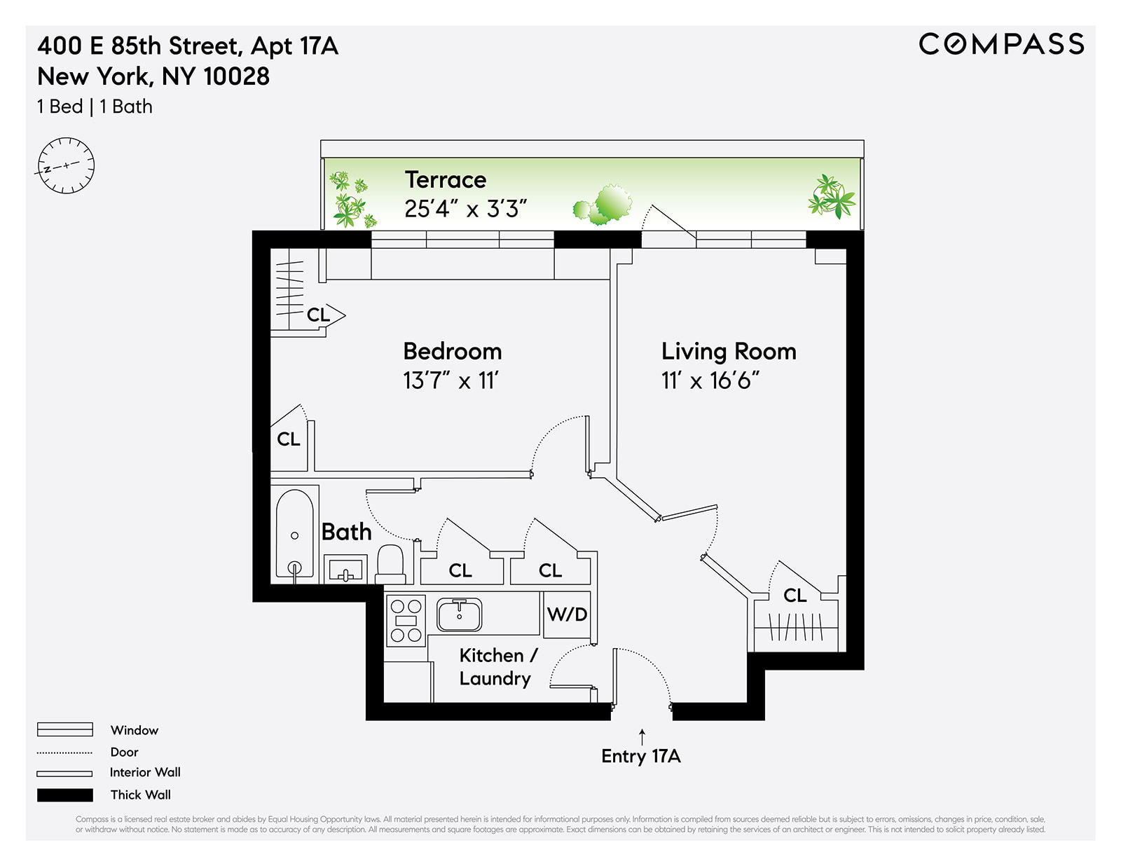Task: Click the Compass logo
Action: [1001, 44]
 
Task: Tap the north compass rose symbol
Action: [66, 166]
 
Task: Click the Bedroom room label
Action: [453, 351]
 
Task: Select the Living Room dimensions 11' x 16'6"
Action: [710, 380]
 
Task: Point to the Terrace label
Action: [446, 180]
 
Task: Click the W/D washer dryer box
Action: [567, 614]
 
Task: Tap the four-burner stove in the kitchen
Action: [406, 620]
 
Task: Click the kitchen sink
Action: [460, 614]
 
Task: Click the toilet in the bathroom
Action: [391, 563]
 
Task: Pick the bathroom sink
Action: [345, 569]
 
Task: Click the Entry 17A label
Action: [641, 756]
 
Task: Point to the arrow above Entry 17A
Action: [642, 736]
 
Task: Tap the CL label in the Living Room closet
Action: [795, 596]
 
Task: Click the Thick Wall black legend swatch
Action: [65, 795]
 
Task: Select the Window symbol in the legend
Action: [65, 729]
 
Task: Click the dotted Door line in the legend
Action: [65, 752]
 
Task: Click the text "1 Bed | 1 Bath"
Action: [95, 106]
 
